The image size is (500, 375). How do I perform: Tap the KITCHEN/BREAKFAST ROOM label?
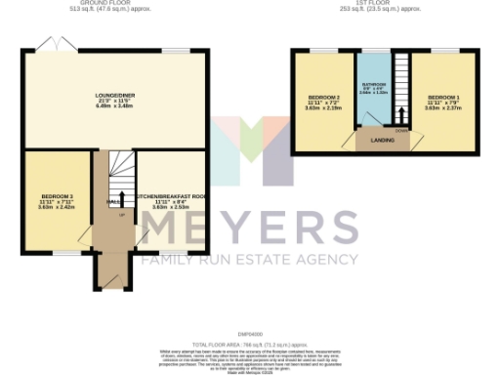(x=172, y=197)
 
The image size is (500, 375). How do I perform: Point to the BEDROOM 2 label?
(x=323, y=99)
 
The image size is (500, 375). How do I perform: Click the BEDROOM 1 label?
(x=442, y=99)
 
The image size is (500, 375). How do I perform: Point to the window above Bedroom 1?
(x=443, y=50)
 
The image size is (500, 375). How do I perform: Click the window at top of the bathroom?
(x=372, y=50)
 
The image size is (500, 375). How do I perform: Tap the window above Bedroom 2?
(x=323, y=50)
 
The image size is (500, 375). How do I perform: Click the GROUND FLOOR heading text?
(x=114, y=4)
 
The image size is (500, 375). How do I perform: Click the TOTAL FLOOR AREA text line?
(x=250, y=318)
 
